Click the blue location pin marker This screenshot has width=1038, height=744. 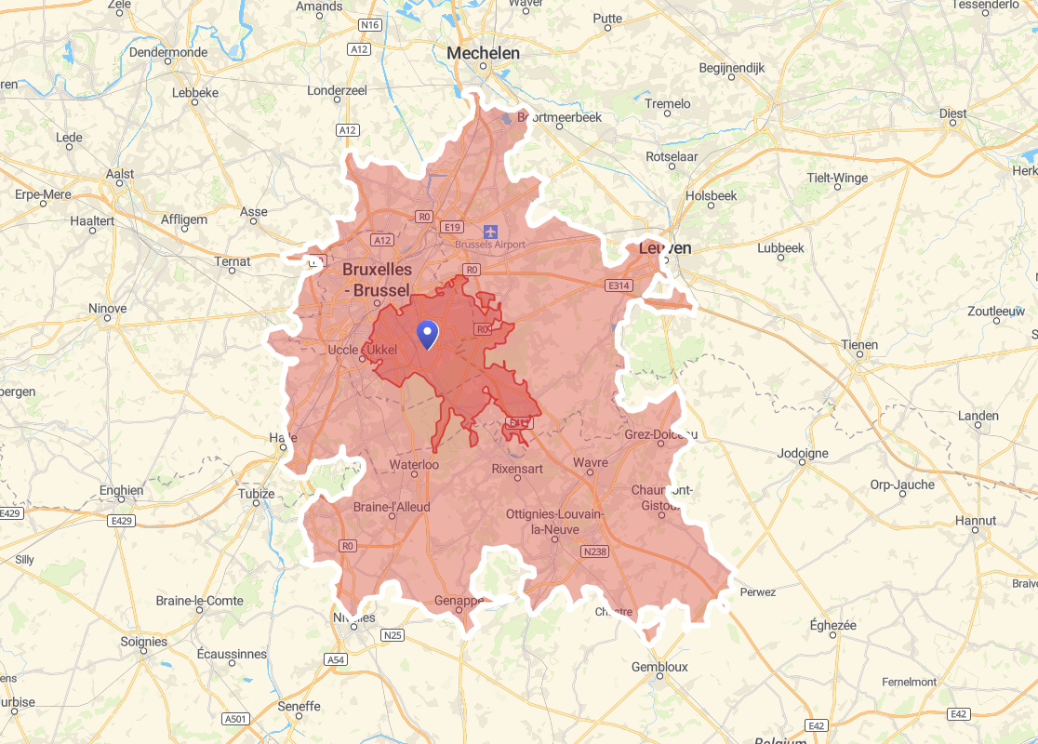pyautogui.click(x=427, y=333)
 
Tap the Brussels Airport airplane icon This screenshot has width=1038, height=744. pyautogui.click(x=490, y=230)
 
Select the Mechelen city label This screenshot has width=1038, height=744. pyautogui.click(x=483, y=53)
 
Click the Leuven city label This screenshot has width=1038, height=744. pyautogui.click(x=665, y=248)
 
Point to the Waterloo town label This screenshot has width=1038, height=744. pyautogui.click(x=414, y=463)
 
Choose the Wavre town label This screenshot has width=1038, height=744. pyautogui.click(x=591, y=462)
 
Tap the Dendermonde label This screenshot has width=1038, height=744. pyautogui.click(x=168, y=52)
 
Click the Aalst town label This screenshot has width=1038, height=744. pyautogui.click(x=120, y=174)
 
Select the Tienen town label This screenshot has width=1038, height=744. pyautogui.click(x=859, y=345)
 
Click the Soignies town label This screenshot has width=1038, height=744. pyautogui.click(x=144, y=642)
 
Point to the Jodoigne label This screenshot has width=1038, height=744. pyautogui.click(x=803, y=454)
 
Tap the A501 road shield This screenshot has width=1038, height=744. pyautogui.click(x=236, y=719)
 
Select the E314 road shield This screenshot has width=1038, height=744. pyautogui.click(x=619, y=286)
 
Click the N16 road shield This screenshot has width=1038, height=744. pyautogui.click(x=370, y=24)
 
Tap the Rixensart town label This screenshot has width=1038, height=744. pyautogui.click(x=517, y=469)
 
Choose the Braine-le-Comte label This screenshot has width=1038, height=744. pyautogui.click(x=200, y=601)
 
